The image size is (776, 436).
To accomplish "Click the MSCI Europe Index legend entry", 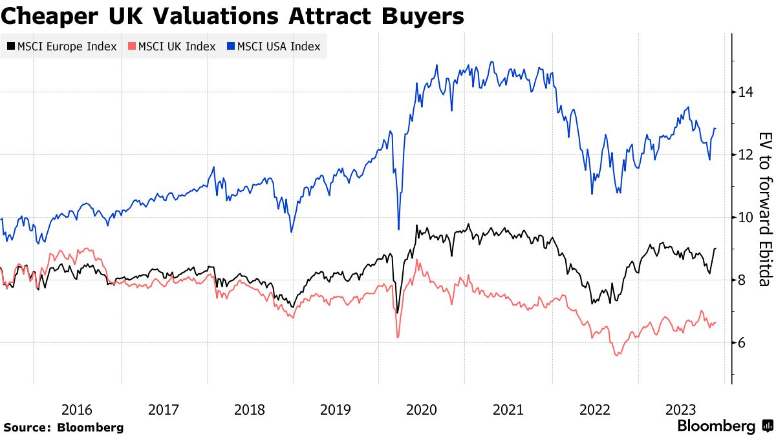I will point(62,47).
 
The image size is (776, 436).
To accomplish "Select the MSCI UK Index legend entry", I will point(172,47).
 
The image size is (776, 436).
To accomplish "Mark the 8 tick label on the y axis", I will point(742,280).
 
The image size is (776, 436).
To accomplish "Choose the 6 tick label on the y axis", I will point(742,343).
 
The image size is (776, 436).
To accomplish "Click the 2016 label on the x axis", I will point(77,410).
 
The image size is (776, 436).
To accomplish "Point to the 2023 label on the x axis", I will point(681,410).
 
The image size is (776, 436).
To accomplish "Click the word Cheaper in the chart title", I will point(41,16).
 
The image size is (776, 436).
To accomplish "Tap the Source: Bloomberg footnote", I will point(63,427).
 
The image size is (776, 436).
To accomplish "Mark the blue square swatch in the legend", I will point(231,47).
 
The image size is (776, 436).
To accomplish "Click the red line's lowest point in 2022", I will point(616,355).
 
